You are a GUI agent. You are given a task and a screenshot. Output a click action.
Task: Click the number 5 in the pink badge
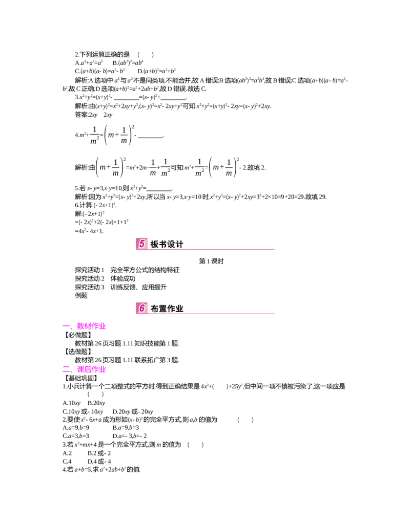tap(141, 244)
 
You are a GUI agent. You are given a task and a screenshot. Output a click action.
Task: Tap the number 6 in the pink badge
tap(141, 308)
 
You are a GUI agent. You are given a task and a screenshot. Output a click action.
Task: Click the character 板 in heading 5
tap(155, 245)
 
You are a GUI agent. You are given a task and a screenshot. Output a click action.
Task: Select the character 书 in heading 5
tap(163, 245)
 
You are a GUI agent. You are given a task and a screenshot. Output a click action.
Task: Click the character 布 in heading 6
tap(155, 309)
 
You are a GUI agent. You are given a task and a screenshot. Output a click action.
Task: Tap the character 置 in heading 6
tap(163, 309)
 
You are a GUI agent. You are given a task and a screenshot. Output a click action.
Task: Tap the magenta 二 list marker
tap(67, 368)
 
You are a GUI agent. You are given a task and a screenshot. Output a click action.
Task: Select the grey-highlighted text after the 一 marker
tap(91, 326)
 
